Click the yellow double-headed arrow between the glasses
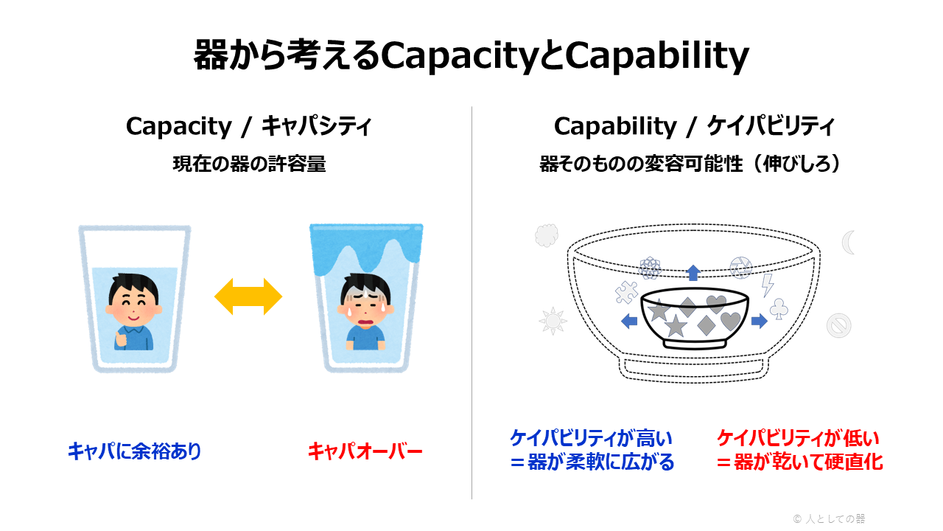[248, 296]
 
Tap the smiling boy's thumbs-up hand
[122, 339]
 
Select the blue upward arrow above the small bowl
[693, 272]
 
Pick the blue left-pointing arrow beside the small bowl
[629, 321]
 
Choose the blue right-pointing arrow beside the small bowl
[759, 321]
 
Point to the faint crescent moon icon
[848, 243]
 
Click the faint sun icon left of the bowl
[553, 321]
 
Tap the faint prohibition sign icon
[838, 325]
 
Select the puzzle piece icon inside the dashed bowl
[626, 292]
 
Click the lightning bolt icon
[768, 285]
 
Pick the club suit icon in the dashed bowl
[779, 309]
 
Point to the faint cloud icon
[547, 235]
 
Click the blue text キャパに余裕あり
[135, 451]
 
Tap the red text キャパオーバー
[365, 451]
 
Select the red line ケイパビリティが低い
[798, 438]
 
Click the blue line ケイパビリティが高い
[591, 438]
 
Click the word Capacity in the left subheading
[179, 126]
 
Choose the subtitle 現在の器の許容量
[249, 164]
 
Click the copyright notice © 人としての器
[829, 518]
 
